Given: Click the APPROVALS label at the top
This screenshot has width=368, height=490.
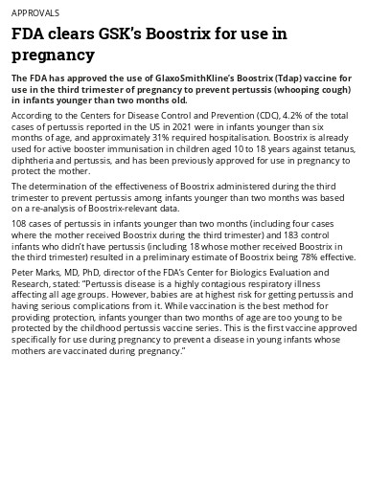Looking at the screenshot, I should (35, 13).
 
